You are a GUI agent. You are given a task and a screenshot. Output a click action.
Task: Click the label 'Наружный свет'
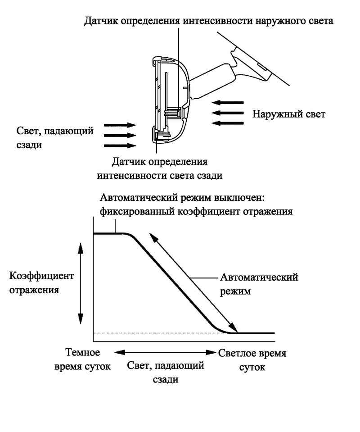289,114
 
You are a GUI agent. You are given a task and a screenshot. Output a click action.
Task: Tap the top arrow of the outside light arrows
228,103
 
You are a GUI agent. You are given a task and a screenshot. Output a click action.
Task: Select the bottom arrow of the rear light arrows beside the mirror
120,146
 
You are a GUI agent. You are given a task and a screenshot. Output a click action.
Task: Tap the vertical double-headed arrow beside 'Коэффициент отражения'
81,283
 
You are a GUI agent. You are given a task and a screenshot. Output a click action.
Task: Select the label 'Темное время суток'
82,359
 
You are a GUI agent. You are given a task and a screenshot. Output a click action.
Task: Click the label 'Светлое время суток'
252,360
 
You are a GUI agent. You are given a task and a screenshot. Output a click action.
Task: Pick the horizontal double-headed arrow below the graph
165,352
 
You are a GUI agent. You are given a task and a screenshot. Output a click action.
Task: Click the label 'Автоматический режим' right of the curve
259,284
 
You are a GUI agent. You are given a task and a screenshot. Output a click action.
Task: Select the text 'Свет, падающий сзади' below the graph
166,373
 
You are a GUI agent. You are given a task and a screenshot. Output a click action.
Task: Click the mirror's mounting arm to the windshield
212,80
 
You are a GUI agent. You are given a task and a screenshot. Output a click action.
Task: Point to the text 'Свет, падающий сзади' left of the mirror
55,137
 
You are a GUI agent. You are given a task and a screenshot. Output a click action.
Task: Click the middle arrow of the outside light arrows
228,113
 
